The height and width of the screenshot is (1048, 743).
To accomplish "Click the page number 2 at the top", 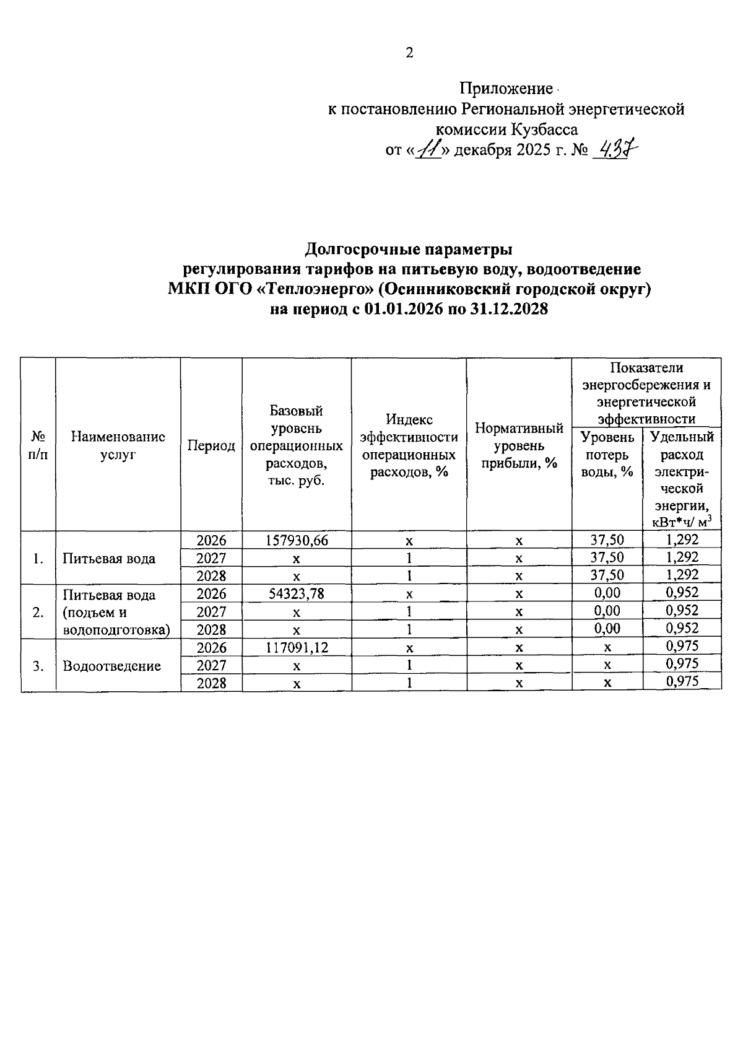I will pos(409,53).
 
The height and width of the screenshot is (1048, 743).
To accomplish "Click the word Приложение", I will pos(506,89).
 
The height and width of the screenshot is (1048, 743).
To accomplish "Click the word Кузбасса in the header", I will pos(544,129).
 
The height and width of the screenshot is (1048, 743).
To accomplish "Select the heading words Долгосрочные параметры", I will pos(409,250).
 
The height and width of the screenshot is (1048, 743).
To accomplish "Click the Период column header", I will pos(211,445).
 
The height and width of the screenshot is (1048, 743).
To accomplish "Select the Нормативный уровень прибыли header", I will pos(519,445).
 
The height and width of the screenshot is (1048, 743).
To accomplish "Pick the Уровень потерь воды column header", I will pos(607,454).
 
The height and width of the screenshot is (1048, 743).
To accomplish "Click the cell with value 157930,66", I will pos(297,540).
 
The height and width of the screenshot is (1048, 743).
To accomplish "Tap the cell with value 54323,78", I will pos(297,593).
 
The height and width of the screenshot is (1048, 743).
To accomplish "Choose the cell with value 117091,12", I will pos(297,647).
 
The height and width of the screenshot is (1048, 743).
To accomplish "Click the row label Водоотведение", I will pos(112,666).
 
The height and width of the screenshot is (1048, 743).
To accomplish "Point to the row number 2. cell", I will pos(38,612).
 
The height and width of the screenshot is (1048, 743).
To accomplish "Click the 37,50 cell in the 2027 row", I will pos(607,557).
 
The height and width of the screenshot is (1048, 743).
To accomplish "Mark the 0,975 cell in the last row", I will pos(682,682).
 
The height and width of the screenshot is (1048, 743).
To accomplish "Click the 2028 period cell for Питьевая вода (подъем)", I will pos(211,629).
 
